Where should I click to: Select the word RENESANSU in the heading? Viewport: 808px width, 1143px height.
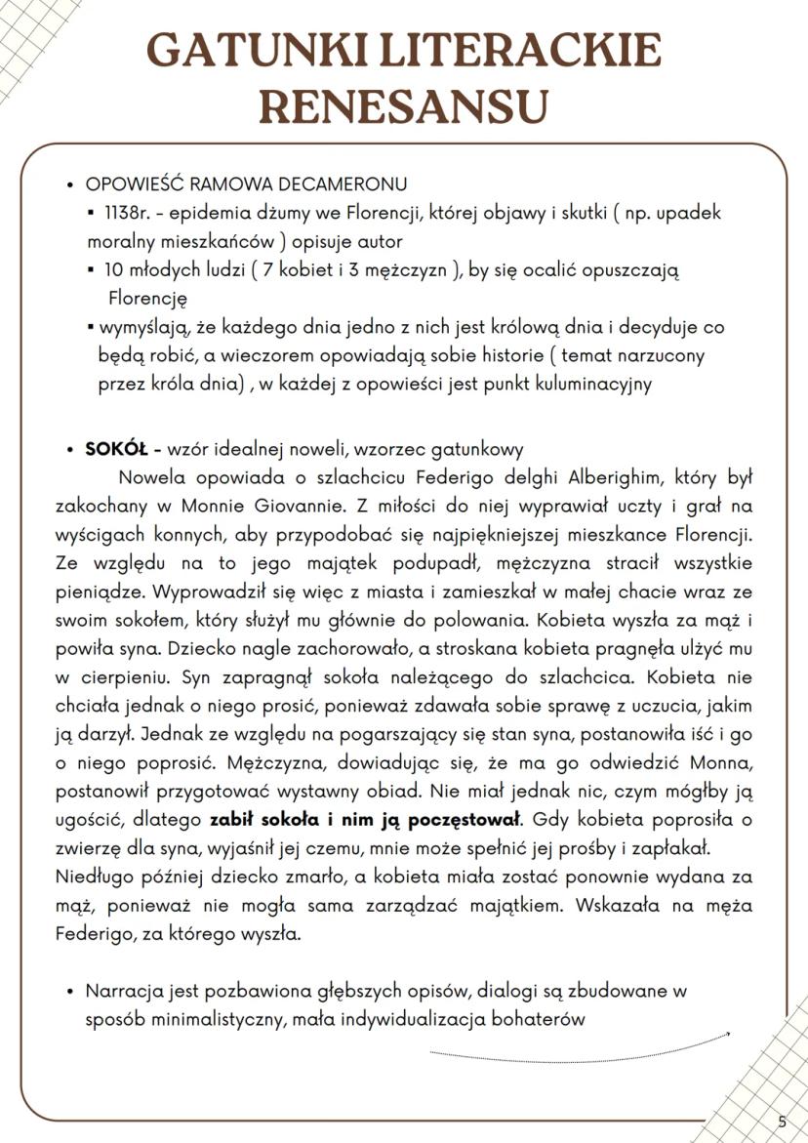(x=403, y=105)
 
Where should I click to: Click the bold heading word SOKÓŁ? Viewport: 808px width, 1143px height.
(x=115, y=450)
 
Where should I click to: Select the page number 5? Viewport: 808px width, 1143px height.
(x=782, y=1122)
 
